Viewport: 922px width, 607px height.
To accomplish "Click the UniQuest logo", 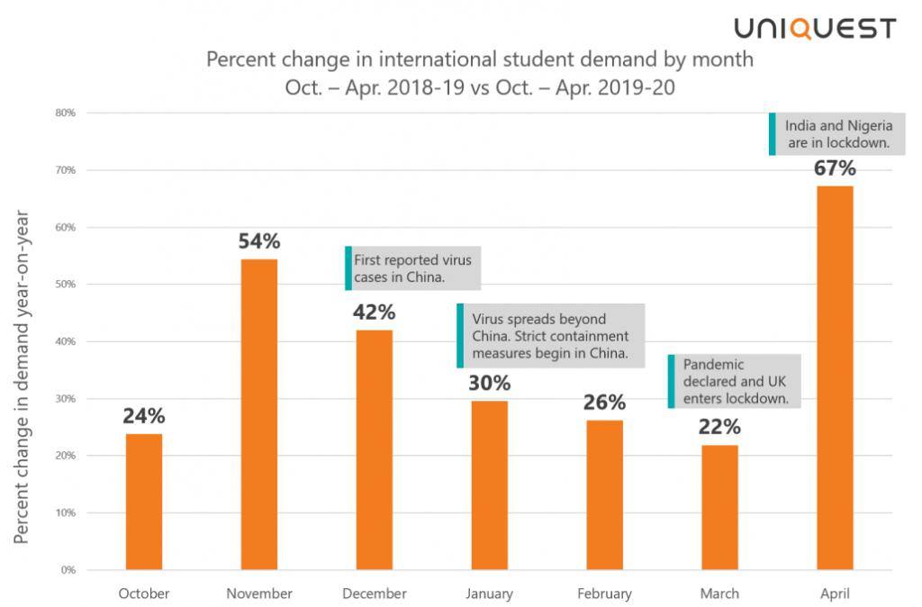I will click(x=815, y=28).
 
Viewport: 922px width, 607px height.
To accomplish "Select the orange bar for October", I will click(x=144, y=502).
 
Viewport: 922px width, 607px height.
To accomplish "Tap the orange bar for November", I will click(x=259, y=414).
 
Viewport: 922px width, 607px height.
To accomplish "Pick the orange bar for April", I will click(x=835, y=377).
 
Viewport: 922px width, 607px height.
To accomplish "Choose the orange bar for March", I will click(x=719, y=507).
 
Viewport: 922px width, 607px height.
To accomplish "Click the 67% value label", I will click(x=835, y=168).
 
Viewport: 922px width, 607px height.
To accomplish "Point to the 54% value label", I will click(x=259, y=241).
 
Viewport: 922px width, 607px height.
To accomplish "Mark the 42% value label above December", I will click(x=374, y=312).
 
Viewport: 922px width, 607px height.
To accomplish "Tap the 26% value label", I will click(x=604, y=403).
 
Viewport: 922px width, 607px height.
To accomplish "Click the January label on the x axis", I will click(x=490, y=593).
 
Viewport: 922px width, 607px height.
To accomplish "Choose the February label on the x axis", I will click(x=604, y=593).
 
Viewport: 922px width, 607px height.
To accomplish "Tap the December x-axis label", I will click(x=375, y=593).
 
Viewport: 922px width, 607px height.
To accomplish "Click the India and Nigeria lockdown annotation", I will click(x=836, y=134).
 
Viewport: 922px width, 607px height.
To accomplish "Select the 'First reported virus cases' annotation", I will click(x=413, y=268).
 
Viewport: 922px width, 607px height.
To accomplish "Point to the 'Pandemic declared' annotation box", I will click(x=735, y=381).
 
